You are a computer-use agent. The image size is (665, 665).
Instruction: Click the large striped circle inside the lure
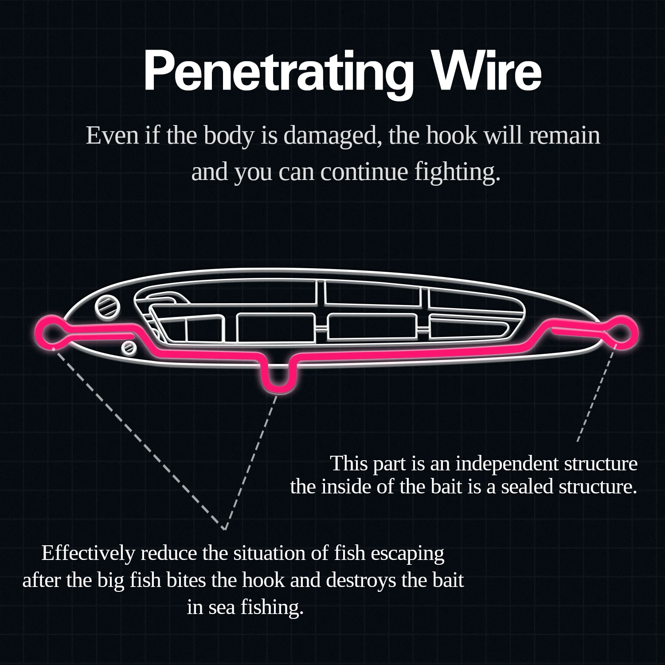coord(108,306)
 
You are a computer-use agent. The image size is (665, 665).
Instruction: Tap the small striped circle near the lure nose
coord(129,348)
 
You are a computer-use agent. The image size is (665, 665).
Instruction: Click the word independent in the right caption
coord(507,463)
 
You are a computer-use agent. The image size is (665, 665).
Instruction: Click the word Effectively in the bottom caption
coord(88,553)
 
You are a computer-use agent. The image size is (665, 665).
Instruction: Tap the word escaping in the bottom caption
coord(407,553)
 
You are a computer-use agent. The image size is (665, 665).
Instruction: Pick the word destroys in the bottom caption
coord(361,580)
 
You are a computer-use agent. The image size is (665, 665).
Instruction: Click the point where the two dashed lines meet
coord(225,528)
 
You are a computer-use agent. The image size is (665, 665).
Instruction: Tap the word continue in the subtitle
coord(364,172)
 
